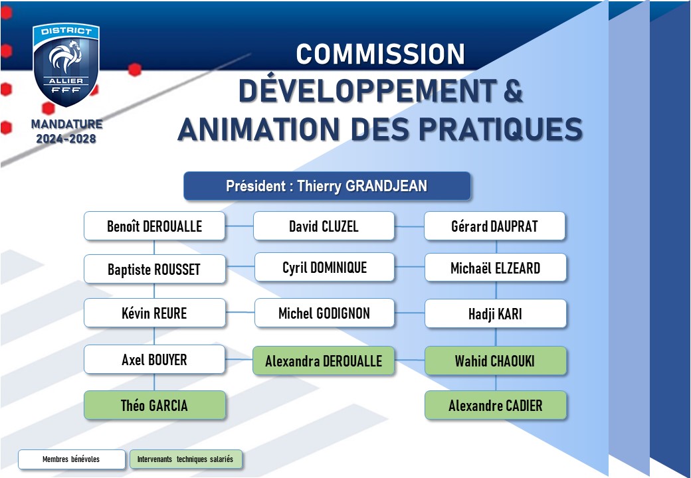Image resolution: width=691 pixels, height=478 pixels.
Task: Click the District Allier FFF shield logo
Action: pyautogui.click(x=66, y=64)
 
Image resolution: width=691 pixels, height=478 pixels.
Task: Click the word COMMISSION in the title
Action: pyautogui.click(x=380, y=54)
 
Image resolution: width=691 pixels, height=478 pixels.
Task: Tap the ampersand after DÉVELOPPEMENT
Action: pyautogui.click(x=512, y=91)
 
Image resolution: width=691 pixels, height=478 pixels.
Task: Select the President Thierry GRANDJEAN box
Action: pyautogui.click(x=327, y=186)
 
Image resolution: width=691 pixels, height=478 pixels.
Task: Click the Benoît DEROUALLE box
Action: pyautogui.click(x=154, y=226)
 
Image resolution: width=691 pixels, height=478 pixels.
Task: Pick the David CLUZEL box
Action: pyautogui.click(x=324, y=226)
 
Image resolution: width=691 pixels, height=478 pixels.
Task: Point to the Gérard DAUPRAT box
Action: pyautogui.click(x=494, y=226)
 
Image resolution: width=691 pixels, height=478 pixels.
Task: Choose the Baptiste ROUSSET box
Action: pyautogui.click(x=155, y=269)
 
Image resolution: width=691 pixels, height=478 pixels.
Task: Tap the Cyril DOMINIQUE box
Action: pyautogui.click(x=324, y=267)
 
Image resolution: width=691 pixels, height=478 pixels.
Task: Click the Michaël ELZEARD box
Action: pyautogui.click(x=496, y=268)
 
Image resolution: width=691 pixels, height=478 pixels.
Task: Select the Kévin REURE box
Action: pyautogui.click(x=155, y=313)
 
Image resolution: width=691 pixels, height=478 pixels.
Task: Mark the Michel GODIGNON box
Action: pyautogui.click(x=324, y=313)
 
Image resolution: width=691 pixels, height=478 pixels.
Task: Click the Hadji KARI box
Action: pyautogui.click(x=496, y=313)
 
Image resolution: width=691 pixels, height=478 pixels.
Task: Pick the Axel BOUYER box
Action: pyautogui.click(x=154, y=360)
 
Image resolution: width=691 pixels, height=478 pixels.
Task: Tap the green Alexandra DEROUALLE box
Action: pyautogui.click(x=324, y=361)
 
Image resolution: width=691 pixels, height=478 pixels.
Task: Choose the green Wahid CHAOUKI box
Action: pyautogui.click(x=496, y=361)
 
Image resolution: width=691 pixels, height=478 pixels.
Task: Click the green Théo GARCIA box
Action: pyautogui.click(x=155, y=405)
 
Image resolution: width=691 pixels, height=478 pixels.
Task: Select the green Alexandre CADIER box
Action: pyautogui.click(x=496, y=406)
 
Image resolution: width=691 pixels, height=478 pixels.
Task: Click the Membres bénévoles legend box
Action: pyautogui.click(x=71, y=459)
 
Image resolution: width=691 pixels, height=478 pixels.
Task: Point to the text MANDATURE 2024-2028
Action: pyautogui.click(x=66, y=131)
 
